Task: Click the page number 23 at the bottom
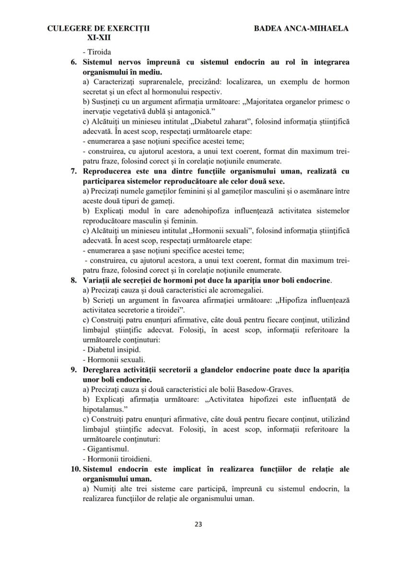(198, 524)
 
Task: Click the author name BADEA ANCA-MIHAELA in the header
(301, 28)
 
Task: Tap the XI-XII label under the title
(98, 37)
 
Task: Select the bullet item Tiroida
(98, 52)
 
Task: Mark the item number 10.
(75, 469)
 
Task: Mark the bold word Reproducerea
(108, 171)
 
